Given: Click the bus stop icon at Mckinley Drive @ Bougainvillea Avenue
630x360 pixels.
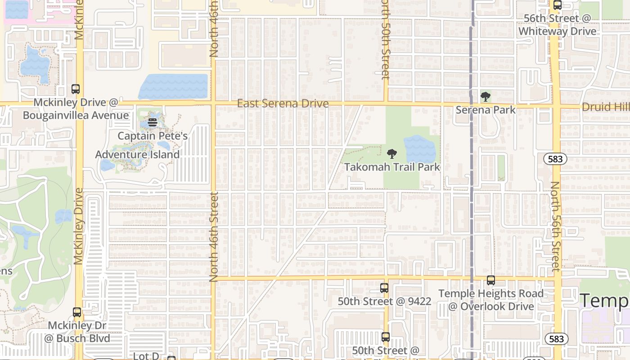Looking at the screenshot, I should (x=76, y=89).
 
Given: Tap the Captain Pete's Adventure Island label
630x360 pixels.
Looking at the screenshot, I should (x=138, y=145).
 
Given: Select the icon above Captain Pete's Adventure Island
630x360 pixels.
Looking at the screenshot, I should (x=152, y=122).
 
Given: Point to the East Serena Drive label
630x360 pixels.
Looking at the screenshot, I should (x=283, y=104).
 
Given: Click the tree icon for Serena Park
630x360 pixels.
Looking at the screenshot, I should (x=485, y=96).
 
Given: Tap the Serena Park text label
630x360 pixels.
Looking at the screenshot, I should (x=486, y=110).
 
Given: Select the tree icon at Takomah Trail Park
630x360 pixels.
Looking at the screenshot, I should (x=392, y=154).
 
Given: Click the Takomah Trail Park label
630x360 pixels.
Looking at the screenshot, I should (x=392, y=167).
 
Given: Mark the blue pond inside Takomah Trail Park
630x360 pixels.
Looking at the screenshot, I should (x=419, y=149).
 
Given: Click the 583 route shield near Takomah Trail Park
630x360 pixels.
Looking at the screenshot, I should (x=555, y=159).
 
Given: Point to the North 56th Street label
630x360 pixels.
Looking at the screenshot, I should (x=556, y=226).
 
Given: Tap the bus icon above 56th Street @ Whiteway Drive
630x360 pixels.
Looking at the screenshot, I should (x=558, y=5).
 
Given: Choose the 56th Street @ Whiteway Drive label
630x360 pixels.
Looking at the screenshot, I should (x=558, y=25).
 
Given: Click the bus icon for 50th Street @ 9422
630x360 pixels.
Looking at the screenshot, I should (x=384, y=288).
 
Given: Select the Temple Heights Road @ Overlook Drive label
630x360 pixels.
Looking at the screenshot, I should (x=491, y=300).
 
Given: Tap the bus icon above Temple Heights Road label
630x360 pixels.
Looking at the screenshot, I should (x=491, y=280).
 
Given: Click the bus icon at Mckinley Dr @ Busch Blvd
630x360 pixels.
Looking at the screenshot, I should (x=77, y=312).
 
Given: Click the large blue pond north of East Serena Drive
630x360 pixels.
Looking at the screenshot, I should (x=174, y=86).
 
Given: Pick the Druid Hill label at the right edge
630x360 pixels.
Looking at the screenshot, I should (x=606, y=107).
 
